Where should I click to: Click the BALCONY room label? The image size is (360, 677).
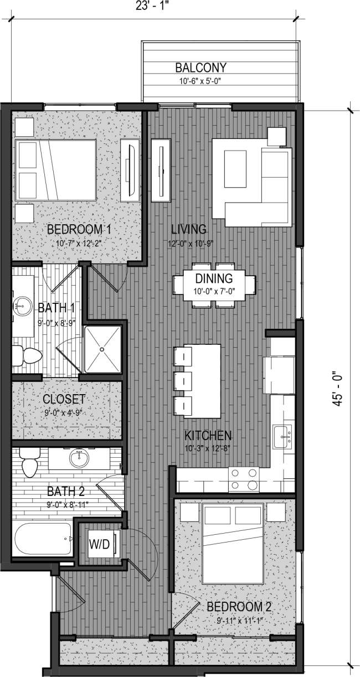pyautogui.click(x=201, y=68)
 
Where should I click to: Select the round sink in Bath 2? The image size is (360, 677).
pyautogui.click(x=80, y=458)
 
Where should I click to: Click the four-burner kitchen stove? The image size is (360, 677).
pyautogui.click(x=244, y=479)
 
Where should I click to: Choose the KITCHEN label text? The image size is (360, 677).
pyautogui.click(x=208, y=435)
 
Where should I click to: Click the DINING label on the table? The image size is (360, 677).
pyautogui.click(x=213, y=279)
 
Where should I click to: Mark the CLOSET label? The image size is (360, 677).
pyautogui.click(x=64, y=399)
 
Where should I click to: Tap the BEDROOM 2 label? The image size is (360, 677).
pyautogui.click(x=239, y=608)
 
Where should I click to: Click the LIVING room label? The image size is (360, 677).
pyautogui.click(x=188, y=229)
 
